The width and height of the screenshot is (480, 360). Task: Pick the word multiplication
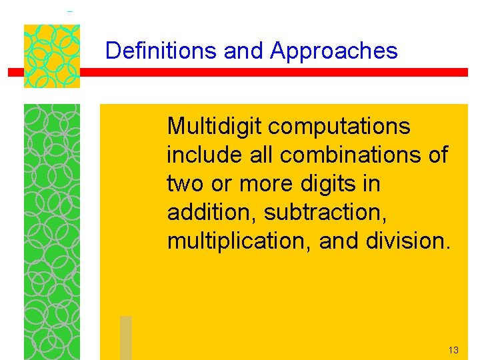[240, 241]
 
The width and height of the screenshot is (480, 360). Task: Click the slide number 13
[453, 350]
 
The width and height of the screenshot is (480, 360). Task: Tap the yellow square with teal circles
[52, 56]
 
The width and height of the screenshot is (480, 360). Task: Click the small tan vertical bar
[126, 337]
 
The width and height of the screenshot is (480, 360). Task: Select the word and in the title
[244, 51]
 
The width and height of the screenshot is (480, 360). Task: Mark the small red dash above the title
[70, 11]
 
